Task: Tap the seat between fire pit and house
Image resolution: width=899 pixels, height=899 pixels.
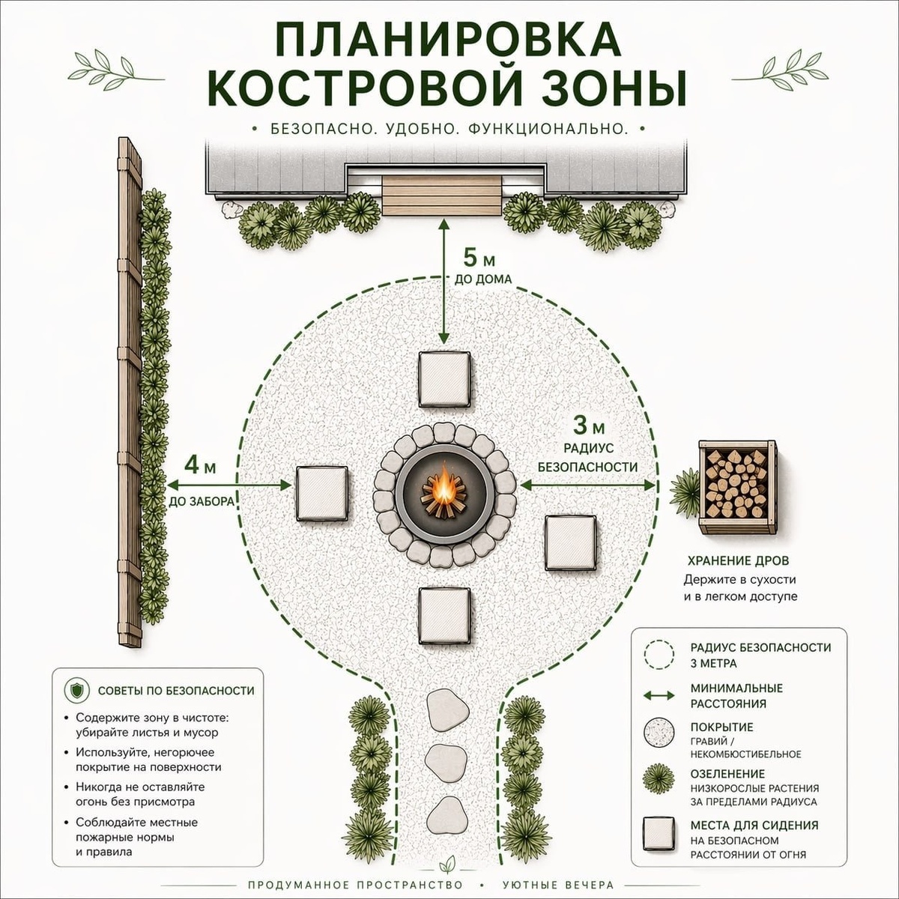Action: click(444, 378)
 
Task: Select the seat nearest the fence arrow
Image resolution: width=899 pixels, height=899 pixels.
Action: click(322, 493)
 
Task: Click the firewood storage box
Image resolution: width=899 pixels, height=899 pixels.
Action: click(737, 485)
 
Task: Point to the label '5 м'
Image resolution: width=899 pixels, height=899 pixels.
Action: click(479, 257)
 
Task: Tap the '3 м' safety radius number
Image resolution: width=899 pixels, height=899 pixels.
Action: click(589, 425)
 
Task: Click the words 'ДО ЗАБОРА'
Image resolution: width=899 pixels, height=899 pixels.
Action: click(202, 501)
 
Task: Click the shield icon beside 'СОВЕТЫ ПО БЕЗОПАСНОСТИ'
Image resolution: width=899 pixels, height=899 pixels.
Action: click(77, 691)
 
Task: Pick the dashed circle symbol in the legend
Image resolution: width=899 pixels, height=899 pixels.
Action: click(659, 656)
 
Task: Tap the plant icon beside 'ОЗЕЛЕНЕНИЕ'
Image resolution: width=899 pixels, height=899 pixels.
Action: click(659, 779)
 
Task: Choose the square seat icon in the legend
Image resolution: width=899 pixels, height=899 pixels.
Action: click(659, 833)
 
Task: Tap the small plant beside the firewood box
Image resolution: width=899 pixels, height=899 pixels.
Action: click(685, 493)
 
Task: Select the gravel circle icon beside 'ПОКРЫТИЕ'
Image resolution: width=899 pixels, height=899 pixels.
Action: click(659, 733)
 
